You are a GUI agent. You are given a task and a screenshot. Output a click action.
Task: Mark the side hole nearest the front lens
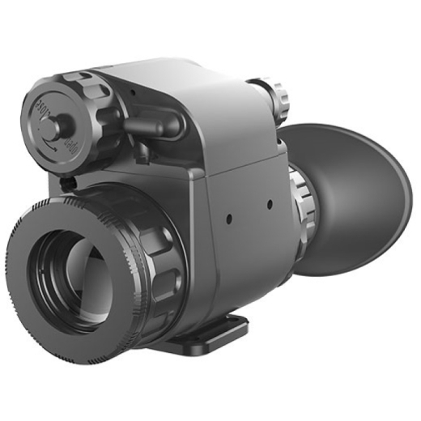[230, 218]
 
